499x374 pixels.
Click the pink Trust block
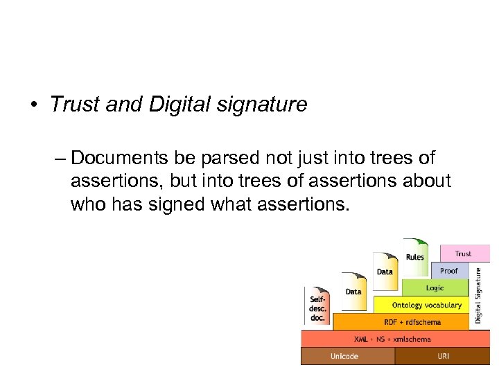(463, 253)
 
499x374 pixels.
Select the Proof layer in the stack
(448, 270)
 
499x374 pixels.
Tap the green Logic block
(435, 287)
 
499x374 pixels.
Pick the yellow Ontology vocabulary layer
(421, 305)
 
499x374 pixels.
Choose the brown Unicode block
(347, 356)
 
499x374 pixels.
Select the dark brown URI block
(442, 356)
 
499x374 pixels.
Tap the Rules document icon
(415, 254)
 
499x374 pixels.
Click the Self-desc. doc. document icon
(317, 305)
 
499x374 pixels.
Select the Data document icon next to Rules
(385, 270)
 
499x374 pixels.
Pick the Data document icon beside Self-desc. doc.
(353, 290)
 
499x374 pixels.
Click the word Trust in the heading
(73, 105)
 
